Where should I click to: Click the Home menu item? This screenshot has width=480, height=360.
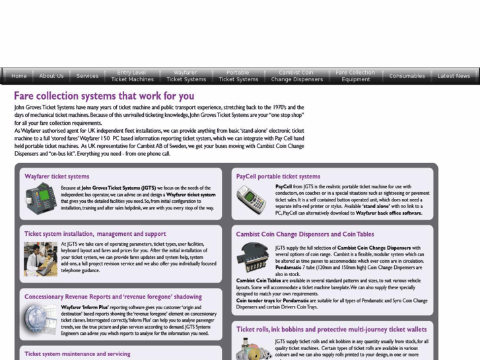click(19, 76)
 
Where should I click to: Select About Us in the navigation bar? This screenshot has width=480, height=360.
click(51, 76)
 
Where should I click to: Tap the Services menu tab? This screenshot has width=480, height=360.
click(87, 76)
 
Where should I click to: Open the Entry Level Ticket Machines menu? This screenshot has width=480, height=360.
click(132, 76)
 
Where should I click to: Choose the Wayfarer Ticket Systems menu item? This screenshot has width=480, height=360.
click(186, 76)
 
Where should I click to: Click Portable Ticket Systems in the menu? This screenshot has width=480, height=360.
click(238, 76)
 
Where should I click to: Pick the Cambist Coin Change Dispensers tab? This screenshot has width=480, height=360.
click(296, 76)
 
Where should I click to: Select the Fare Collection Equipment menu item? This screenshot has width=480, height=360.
click(355, 76)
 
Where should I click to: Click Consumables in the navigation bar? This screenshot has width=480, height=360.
click(407, 76)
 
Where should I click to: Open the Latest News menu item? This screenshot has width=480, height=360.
click(454, 76)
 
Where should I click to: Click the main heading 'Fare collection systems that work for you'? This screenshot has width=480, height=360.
click(104, 96)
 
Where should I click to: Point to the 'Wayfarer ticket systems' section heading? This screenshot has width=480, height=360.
click(57, 176)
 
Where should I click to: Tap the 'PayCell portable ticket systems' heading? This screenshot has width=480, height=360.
click(278, 176)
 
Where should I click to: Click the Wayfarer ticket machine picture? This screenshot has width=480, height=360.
click(41, 198)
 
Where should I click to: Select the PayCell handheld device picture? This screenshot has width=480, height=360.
click(252, 199)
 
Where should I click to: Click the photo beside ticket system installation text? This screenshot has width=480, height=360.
click(40, 258)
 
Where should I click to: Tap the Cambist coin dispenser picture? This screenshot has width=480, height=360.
click(253, 258)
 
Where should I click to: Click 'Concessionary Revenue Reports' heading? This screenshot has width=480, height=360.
click(113, 297)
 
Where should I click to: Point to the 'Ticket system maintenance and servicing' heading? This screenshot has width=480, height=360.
click(77, 354)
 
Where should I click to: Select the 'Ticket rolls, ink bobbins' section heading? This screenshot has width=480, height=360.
click(331, 329)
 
